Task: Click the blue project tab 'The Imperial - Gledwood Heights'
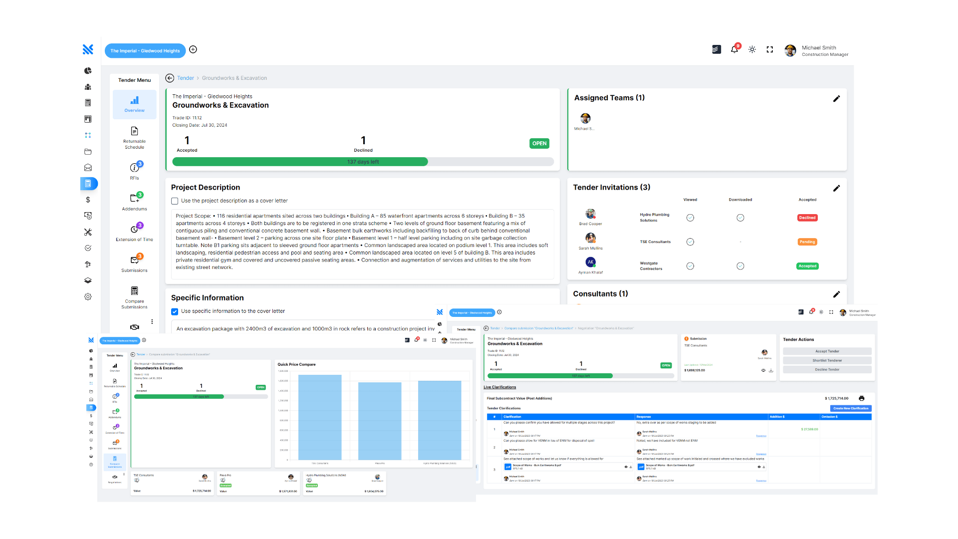(145, 50)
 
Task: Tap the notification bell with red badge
(734, 49)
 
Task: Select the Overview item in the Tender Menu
(134, 104)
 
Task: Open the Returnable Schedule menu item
(134, 137)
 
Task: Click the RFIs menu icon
(134, 168)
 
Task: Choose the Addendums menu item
(134, 200)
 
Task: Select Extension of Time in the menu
(134, 231)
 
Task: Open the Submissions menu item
(134, 262)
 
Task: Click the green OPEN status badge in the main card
(539, 143)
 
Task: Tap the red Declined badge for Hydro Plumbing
(807, 218)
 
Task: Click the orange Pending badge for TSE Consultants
(807, 242)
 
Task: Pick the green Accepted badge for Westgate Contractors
(807, 266)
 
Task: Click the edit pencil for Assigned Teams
(836, 99)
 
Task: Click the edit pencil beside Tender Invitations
(836, 188)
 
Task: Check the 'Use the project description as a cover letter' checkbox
(175, 201)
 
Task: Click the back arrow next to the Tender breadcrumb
(170, 78)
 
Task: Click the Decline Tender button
(827, 370)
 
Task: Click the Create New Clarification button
(851, 408)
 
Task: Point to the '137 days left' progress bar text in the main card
(363, 162)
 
